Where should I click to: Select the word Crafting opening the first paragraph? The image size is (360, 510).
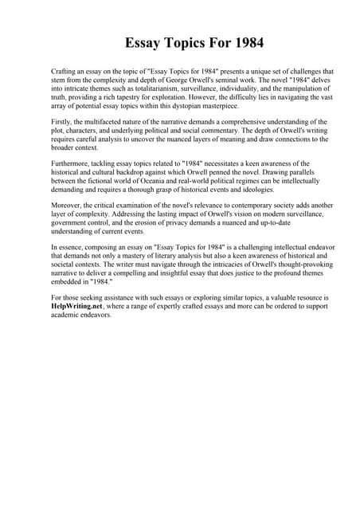(65, 71)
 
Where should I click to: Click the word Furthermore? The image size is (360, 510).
(70, 164)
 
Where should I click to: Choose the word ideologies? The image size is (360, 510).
(256, 190)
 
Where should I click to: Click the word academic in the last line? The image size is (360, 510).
(66, 316)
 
